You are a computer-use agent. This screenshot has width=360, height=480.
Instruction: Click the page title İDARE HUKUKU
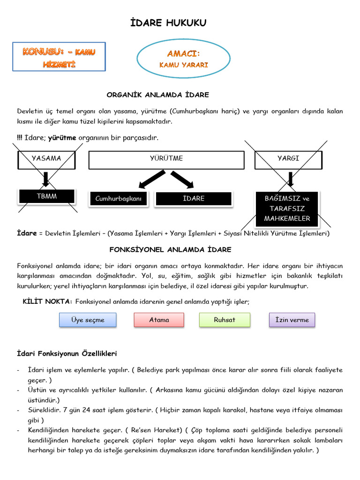click(x=167, y=23)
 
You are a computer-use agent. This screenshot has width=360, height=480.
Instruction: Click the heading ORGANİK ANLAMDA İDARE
click(x=157, y=95)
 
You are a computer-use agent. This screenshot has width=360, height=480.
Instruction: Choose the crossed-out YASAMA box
click(x=46, y=159)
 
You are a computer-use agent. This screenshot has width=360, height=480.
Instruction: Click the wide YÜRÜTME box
click(x=166, y=159)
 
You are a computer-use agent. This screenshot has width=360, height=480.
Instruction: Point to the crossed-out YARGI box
click(x=288, y=159)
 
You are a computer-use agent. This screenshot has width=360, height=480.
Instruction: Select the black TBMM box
click(x=46, y=196)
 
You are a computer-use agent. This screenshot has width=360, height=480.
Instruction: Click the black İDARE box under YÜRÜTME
click(x=194, y=199)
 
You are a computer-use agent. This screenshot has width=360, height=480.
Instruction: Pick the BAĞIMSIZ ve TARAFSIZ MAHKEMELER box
click(x=287, y=209)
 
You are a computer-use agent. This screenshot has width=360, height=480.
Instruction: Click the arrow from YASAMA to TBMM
click(x=46, y=179)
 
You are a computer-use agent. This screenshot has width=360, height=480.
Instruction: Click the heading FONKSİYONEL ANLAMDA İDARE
click(x=170, y=250)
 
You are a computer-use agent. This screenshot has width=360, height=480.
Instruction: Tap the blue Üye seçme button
click(x=88, y=320)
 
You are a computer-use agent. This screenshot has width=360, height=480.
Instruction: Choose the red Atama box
click(x=159, y=320)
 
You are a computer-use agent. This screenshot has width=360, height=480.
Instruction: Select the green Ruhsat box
click(x=225, y=320)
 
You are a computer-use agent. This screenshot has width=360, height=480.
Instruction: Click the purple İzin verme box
click(x=292, y=320)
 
